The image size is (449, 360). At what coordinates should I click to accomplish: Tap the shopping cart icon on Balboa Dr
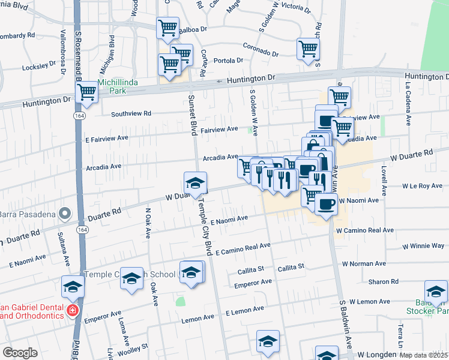(167, 27)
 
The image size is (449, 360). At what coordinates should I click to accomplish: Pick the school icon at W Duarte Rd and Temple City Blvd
(195, 182)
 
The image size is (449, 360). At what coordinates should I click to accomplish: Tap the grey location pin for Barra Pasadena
(65, 214)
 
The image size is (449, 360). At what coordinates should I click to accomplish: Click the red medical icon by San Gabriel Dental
(73, 311)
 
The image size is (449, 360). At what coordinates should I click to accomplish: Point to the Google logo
(20, 353)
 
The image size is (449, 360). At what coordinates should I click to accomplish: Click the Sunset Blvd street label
(193, 114)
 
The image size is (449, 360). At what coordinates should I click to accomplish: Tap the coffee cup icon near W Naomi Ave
(326, 204)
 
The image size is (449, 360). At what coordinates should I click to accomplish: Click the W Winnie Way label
(423, 246)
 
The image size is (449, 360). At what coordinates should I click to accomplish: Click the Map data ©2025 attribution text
(424, 355)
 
